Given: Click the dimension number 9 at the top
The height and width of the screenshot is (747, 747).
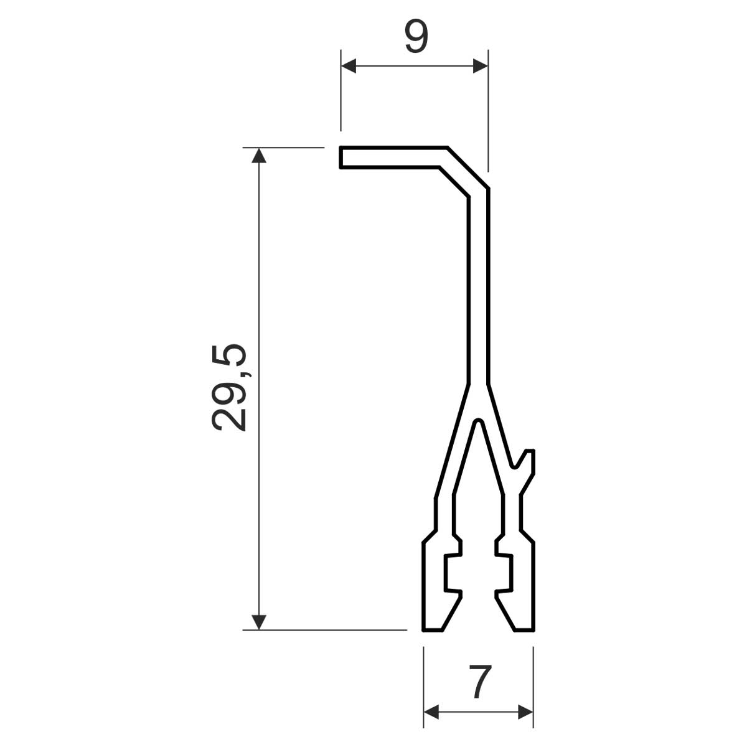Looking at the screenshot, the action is (416, 37).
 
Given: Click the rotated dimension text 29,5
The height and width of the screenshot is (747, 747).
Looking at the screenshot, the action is (229, 388).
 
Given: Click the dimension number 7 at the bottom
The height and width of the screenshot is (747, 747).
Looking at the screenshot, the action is (480, 681).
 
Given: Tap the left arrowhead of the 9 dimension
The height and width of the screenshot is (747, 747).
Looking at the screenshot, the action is (348, 66).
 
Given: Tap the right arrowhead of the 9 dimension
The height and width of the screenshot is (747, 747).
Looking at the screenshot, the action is (481, 66).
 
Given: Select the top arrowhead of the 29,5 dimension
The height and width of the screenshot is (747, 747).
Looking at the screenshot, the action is (259, 155).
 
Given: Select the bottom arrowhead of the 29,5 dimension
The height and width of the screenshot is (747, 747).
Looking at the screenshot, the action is (259, 622).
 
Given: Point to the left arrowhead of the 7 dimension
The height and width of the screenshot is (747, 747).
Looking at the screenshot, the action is (431, 712).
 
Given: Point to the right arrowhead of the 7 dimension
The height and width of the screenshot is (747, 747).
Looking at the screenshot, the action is (525, 712).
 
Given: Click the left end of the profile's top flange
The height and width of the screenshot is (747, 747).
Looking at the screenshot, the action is (341, 157).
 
